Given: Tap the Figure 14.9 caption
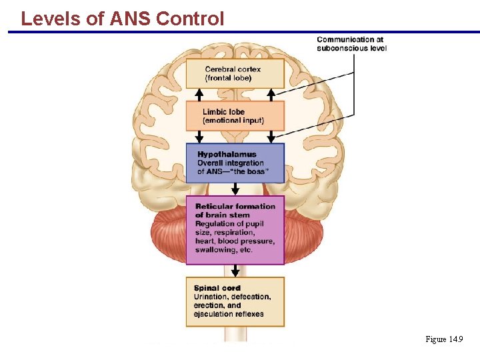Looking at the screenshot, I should tap(444, 339).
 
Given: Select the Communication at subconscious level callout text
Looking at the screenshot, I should tap(351, 44).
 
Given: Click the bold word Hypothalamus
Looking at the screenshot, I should tap(227, 155).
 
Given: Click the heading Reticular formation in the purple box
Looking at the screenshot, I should tap(235, 207).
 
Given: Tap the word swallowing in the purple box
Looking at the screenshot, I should tap(215, 250).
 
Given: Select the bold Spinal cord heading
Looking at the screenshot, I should tap(217, 288).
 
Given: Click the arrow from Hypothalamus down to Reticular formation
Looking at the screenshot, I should tap(235, 189).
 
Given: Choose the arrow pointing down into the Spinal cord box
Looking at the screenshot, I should tap(235, 271).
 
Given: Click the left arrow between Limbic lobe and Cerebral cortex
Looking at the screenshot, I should tap(199, 95).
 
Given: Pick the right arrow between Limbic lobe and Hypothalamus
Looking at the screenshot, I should tap(271, 137).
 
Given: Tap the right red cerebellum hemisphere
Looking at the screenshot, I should tap(303, 233).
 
